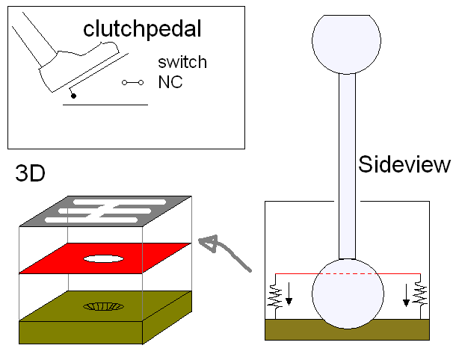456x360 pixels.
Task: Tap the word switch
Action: click(x=182, y=62)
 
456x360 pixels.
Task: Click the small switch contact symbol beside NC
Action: click(x=132, y=82)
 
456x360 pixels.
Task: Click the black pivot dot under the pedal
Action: click(x=73, y=96)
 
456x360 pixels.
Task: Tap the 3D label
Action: click(x=30, y=175)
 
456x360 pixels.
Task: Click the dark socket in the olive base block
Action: click(x=105, y=305)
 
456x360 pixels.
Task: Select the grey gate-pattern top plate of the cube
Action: click(x=105, y=211)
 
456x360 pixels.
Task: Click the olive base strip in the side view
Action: click(x=347, y=329)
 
